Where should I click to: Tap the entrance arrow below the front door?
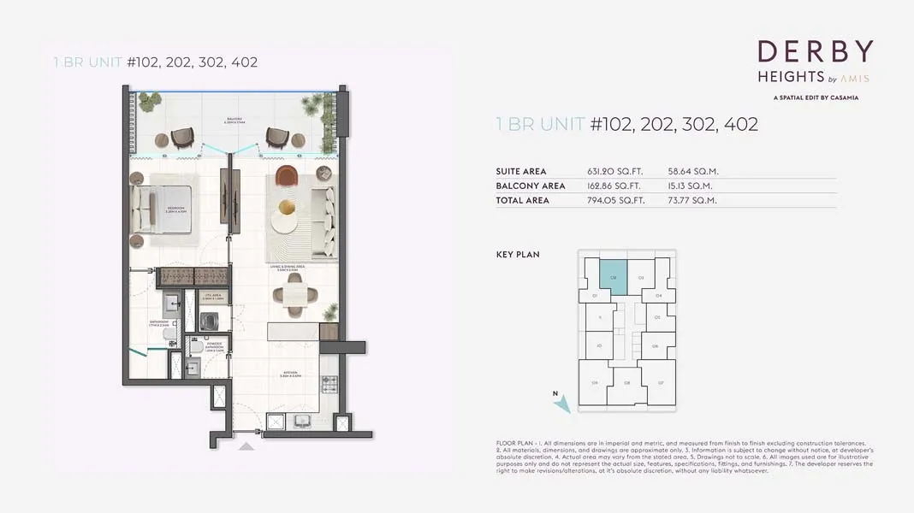pyautogui.click(x=246, y=446)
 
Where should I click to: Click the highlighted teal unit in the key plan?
pyautogui.click(x=613, y=275)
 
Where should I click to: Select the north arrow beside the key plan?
pyautogui.click(x=561, y=401)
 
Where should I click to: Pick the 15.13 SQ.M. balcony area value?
pyautogui.click(x=691, y=186)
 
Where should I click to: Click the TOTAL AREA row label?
pyautogui.click(x=522, y=200)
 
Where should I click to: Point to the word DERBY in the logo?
pyautogui.click(x=815, y=52)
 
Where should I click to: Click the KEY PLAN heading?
pyautogui.click(x=518, y=255)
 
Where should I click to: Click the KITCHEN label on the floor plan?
pyautogui.click(x=292, y=374)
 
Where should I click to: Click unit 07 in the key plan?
pyautogui.click(x=660, y=382)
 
